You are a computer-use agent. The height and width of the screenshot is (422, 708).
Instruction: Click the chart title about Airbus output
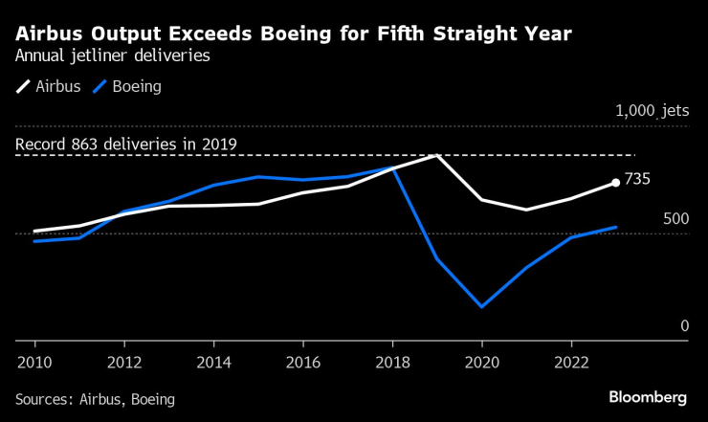(x=295, y=34)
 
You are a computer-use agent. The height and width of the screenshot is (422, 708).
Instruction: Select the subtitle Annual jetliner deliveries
(x=113, y=56)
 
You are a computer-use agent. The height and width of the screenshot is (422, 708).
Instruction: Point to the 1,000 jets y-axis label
(x=652, y=111)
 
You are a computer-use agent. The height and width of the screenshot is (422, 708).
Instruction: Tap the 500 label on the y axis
(x=675, y=219)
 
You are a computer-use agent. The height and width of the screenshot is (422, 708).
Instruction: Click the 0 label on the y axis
(x=684, y=326)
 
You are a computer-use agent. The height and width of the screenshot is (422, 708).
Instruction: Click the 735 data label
(x=637, y=180)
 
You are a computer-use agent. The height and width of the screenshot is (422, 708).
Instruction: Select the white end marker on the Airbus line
(x=615, y=183)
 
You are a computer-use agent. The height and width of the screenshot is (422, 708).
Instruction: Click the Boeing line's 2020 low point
(x=481, y=306)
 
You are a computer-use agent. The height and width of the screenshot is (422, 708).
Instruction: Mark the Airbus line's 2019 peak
(x=436, y=155)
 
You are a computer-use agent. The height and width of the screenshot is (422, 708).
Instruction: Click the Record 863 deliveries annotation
(x=126, y=144)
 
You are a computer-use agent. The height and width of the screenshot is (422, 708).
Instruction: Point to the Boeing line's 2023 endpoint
(x=615, y=228)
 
